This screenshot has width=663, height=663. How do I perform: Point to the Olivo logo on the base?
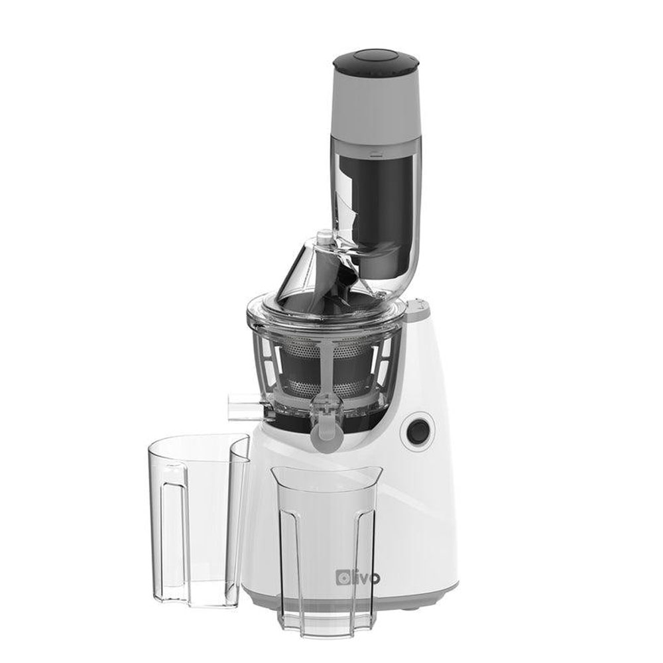click(x=358, y=577)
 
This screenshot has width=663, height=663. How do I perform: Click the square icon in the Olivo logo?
click(x=343, y=577)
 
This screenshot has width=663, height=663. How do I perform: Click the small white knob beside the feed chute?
click(x=325, y=237)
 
